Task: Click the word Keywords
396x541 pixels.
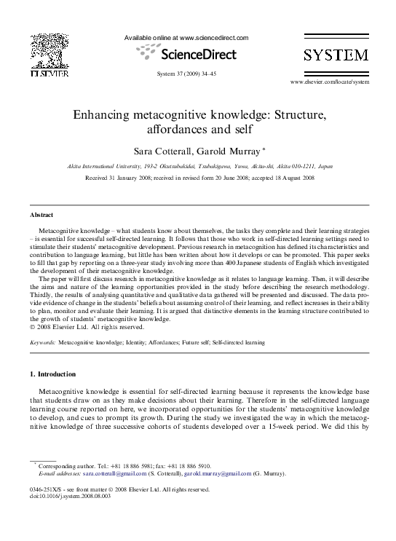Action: tap(42, 341)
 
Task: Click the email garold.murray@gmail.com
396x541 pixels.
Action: tap(215, 474)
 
